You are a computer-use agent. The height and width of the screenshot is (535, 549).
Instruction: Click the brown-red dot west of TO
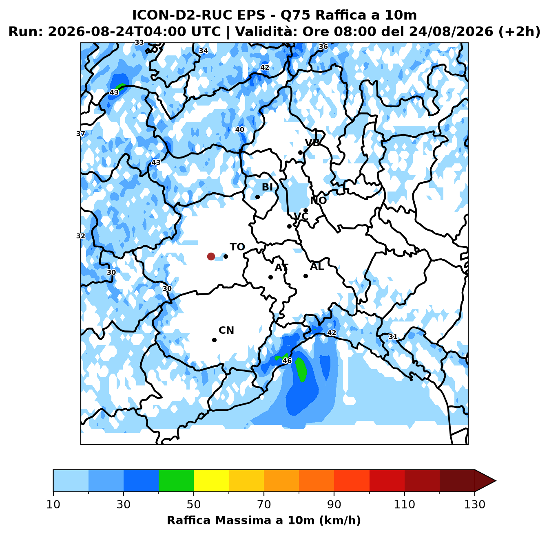211,256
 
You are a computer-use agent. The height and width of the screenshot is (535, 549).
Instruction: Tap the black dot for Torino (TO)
226,256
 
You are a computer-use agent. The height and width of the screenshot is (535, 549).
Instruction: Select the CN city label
226,330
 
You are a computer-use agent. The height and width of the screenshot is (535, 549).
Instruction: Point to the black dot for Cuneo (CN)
215,340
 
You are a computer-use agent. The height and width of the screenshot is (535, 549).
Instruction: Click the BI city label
267,187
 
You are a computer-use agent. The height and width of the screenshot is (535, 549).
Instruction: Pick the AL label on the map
317,266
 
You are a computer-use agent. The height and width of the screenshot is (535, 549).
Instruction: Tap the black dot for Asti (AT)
270,277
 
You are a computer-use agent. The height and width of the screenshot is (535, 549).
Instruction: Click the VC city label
301,216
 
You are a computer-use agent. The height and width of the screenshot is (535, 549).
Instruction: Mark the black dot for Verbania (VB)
301,152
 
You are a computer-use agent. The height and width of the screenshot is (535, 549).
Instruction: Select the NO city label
318,200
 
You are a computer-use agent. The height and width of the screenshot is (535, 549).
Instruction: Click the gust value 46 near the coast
287,361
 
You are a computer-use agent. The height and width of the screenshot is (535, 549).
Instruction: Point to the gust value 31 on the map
393,337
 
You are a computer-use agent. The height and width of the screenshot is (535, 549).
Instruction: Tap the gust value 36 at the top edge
323,46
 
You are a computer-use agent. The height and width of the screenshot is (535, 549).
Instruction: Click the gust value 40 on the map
240,130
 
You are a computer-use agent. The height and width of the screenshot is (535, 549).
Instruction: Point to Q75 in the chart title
296,15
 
